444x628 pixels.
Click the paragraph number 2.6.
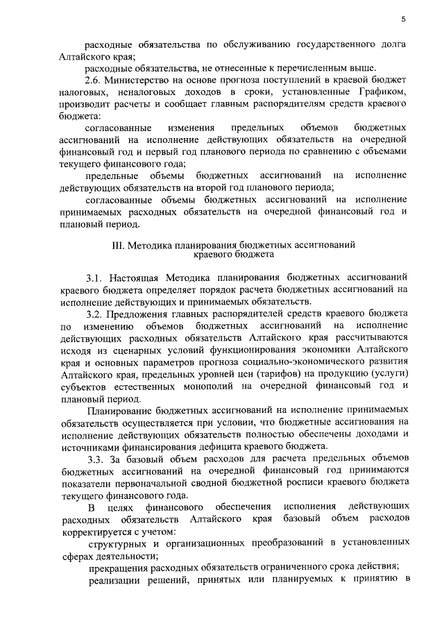click(x=94, y=80)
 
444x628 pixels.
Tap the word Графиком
click(x=375, y=92)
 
